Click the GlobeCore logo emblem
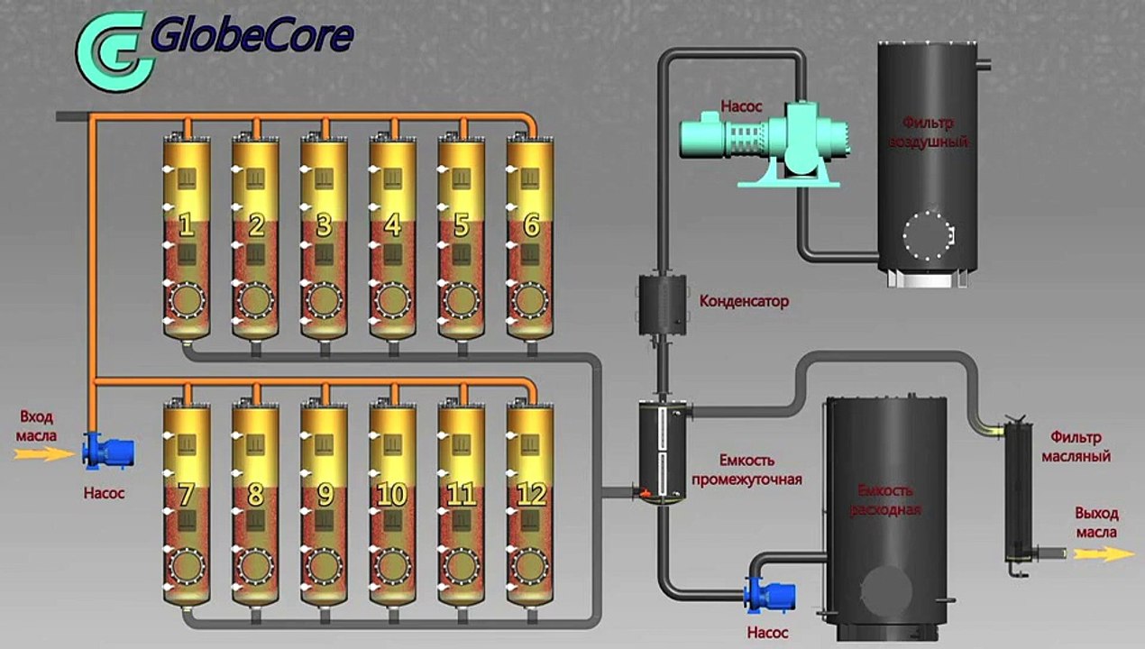115,50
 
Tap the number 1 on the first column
187,225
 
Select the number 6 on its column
532,225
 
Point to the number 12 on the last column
531,494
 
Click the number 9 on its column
325,494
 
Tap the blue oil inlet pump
108,451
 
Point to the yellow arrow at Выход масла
1104,553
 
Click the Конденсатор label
744,301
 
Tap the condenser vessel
663,305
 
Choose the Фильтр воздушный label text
928,132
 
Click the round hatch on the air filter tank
928,235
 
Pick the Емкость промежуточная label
747,470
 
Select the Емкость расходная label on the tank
885,500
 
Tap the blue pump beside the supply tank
769,597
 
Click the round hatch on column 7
187,567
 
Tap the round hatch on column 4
393,300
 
